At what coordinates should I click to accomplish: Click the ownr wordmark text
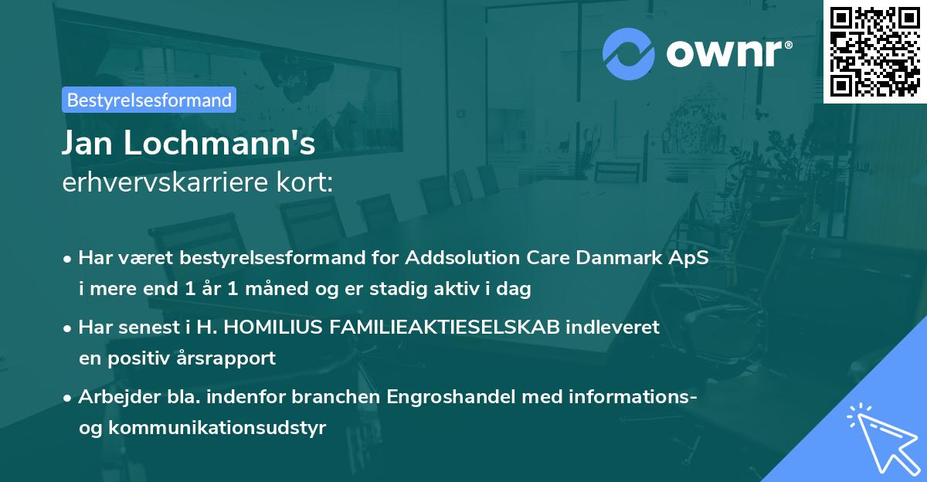[728, 53]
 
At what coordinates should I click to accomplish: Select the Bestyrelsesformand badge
[149, 100]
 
